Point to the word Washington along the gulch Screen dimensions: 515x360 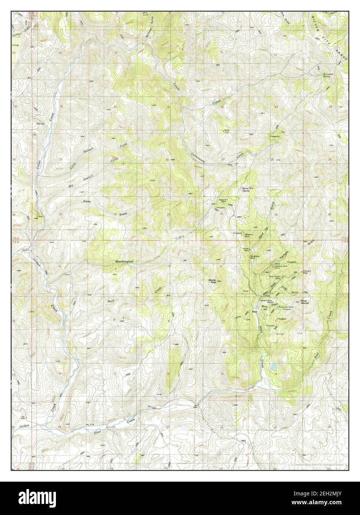124,262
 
